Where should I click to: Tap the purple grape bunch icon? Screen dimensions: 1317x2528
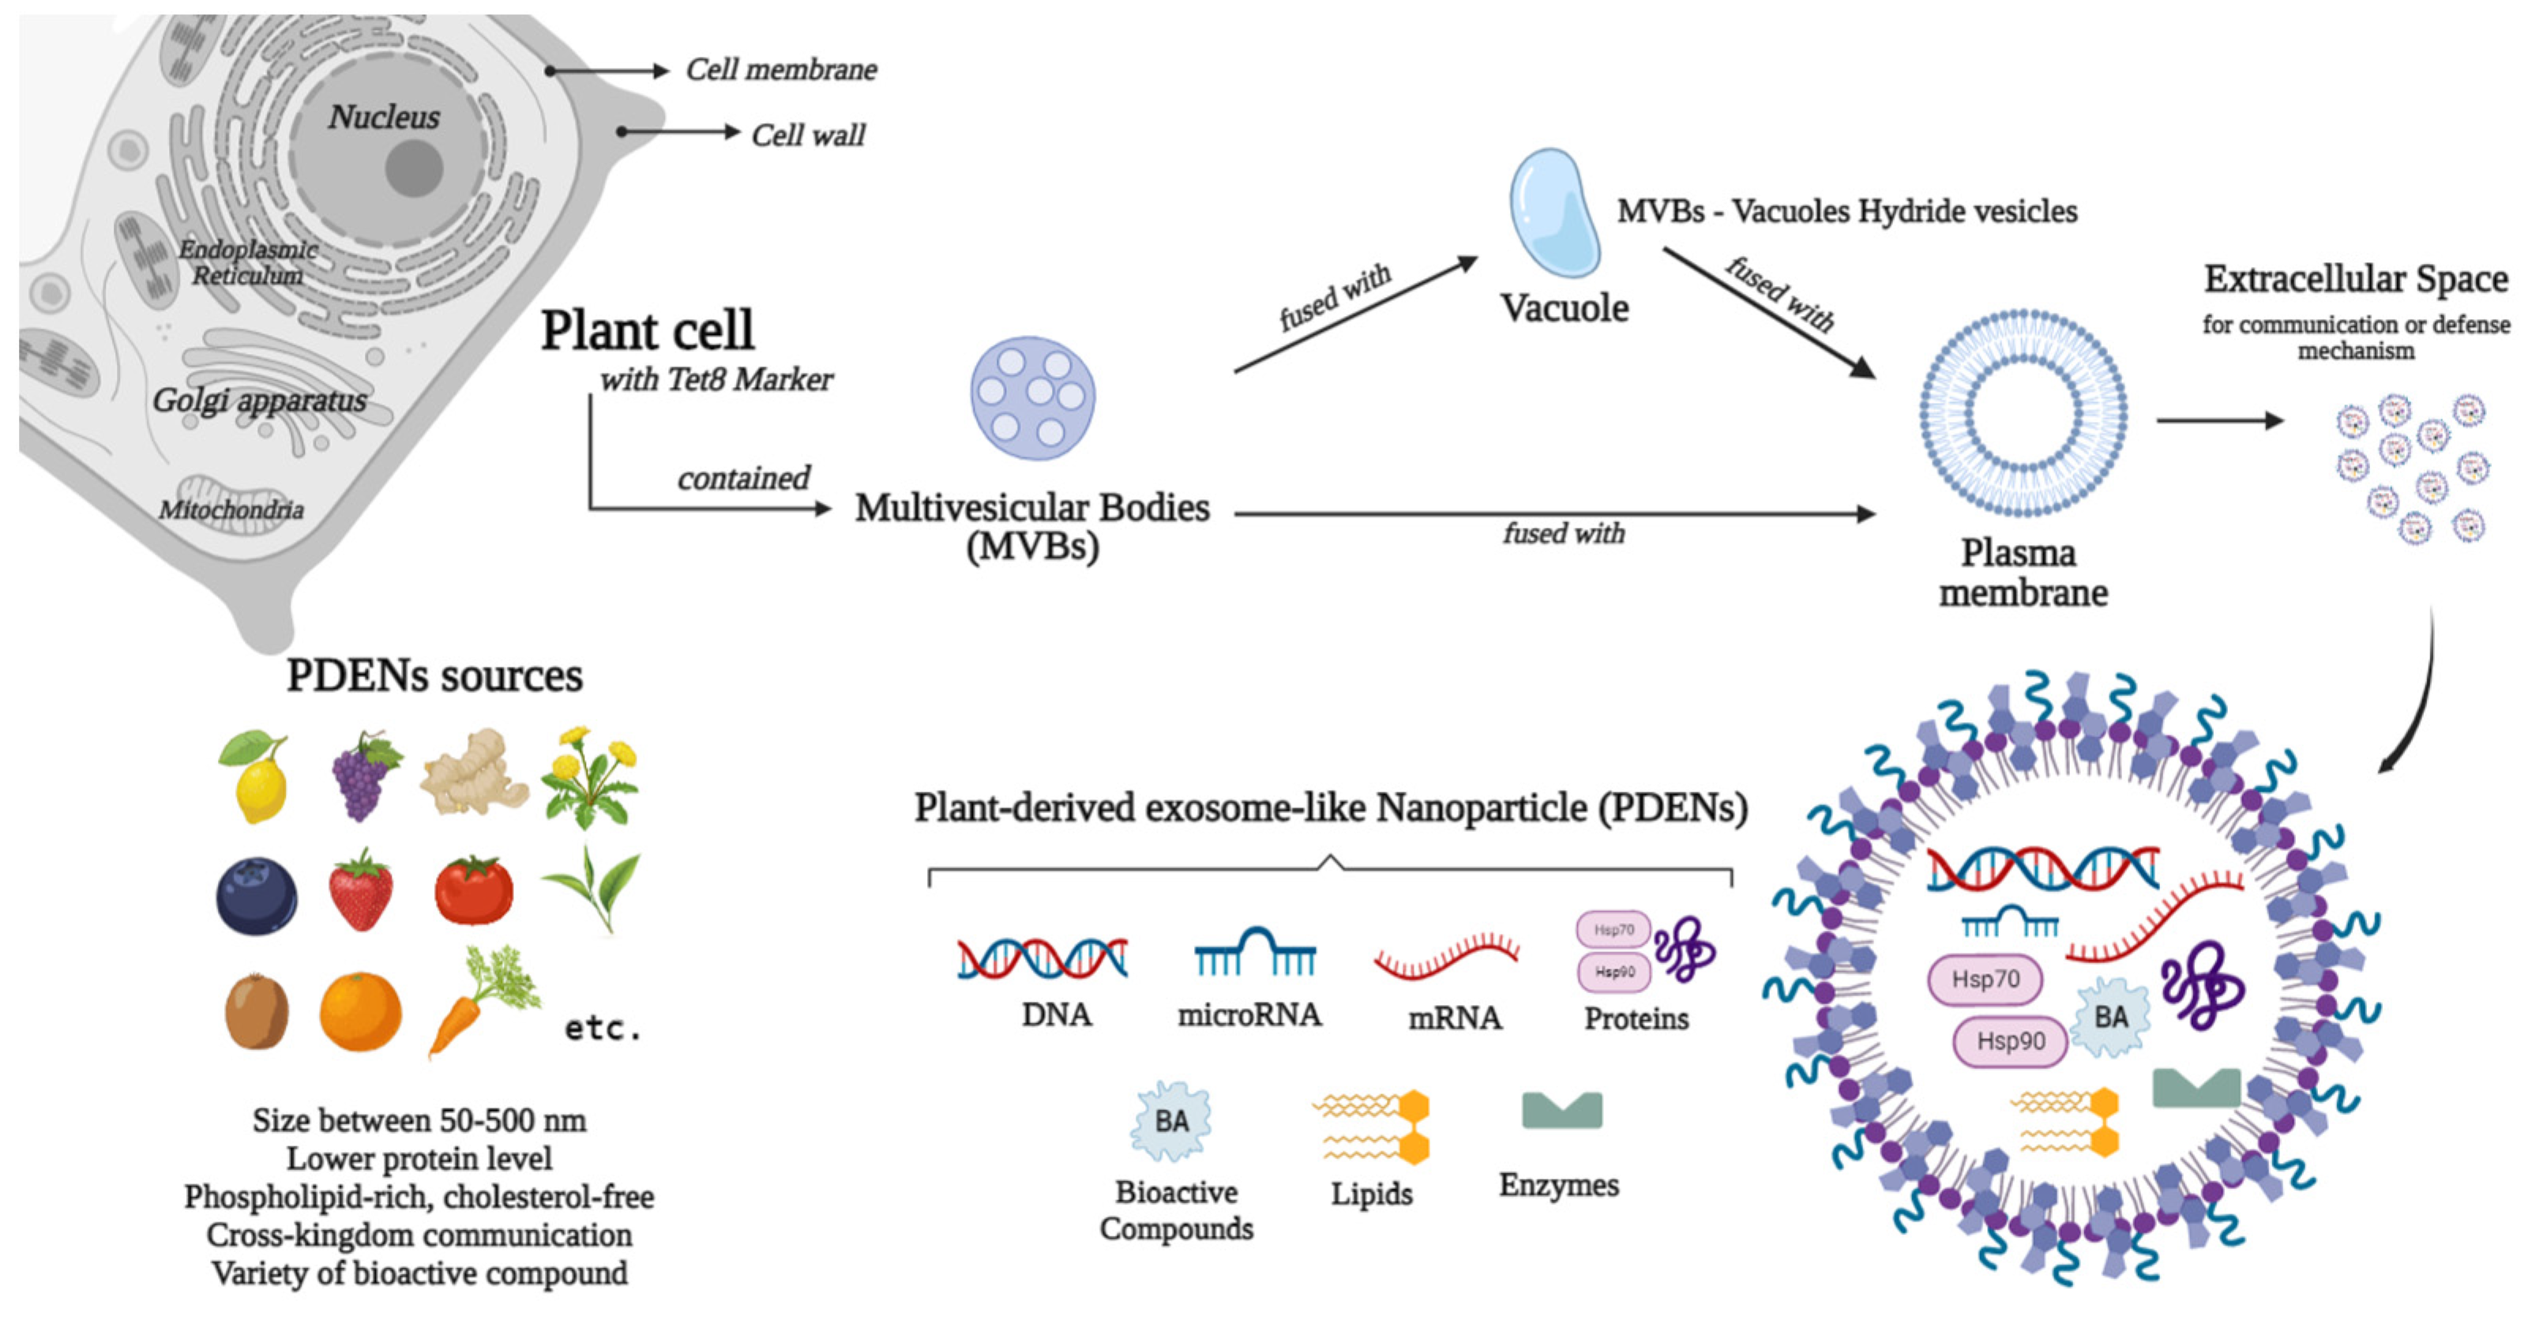coord(363,778)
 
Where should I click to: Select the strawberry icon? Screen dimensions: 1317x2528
coord(361,891)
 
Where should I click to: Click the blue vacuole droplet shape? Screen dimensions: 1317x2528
coord(1553,214)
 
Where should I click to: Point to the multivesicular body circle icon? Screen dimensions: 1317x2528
coord(1032,398)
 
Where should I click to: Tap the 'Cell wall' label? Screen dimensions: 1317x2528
coord(808,134)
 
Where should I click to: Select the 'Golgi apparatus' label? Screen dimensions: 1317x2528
coord(259,401)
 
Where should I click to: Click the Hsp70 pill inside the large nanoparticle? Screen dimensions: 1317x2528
coord(1985,980)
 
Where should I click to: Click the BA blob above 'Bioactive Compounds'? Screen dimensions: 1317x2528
coord(1170,1122)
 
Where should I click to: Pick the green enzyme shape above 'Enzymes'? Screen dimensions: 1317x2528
coord(1561,1110)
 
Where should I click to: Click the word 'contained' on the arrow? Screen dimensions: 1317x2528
coord(744,478)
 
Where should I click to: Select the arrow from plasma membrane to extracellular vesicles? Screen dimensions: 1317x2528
coord(2220,421)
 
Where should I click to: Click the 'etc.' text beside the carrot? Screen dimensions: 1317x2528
coord(603,1029)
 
